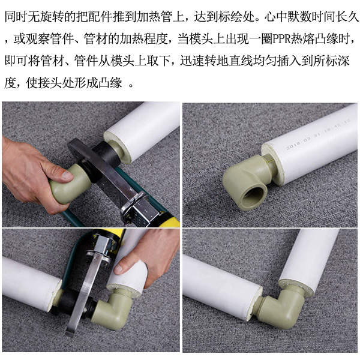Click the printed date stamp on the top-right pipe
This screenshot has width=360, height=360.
(x=312, y=139)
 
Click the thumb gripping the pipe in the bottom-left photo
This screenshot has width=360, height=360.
(x=127, y=265)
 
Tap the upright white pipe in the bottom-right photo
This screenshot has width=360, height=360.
(x=315, y=252)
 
